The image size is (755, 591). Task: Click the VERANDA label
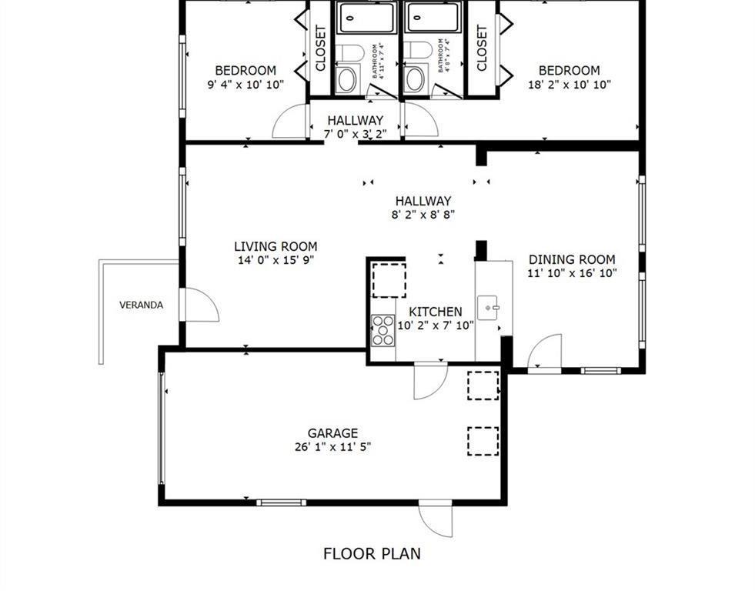pyautogui.click(x=141, y=305)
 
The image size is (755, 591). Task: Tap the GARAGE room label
pyautogui.click(x=332, y=433)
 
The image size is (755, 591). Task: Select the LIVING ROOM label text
pyautogui.click(x=276, y=246)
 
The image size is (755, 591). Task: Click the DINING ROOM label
pyautogui.click(x=571, y=259)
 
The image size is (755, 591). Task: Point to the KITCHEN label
pyautogui.click(x=435, y=312)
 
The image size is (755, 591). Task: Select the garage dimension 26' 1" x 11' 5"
pyautogui.click(x=332, y=446)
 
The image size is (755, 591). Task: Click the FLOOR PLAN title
pyautogui.click(x=371, y=553)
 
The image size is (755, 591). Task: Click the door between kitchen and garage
pyautogui.click(x=429, y=380)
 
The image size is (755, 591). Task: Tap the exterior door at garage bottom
pyautogui.click(x=436, y=520)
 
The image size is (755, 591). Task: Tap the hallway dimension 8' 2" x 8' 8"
pyautogui.click(x=423, y=215)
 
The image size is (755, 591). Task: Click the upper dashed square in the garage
pyautogui.click(x=483, y=385)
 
